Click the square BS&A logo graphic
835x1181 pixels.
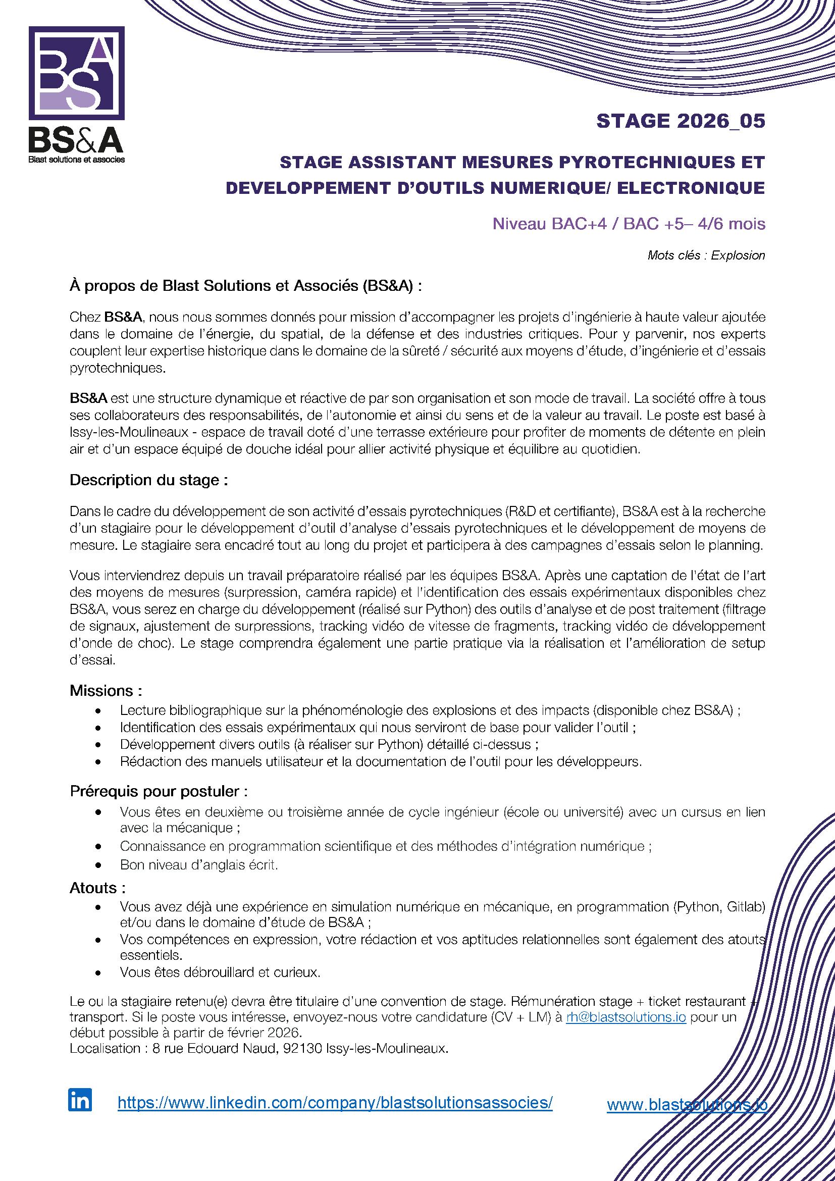77,73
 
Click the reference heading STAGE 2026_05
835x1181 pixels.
680,121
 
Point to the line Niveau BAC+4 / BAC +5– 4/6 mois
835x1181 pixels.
629,224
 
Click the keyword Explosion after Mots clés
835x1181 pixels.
738,255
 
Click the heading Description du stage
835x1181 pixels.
148,480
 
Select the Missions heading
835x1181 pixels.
106,691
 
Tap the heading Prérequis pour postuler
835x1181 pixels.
159,791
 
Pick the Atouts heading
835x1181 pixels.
98,888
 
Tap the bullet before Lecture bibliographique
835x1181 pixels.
98,711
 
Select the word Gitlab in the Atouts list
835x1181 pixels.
746,907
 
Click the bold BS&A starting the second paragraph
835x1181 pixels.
88,398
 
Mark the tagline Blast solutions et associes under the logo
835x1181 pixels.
77,160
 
